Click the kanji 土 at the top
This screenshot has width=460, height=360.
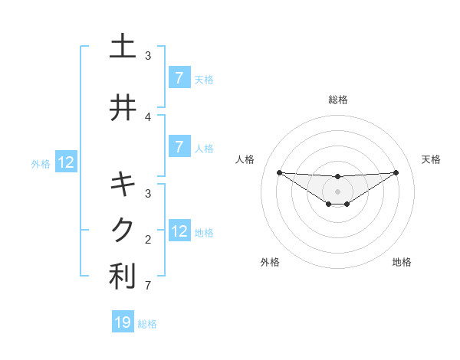pos(122,47)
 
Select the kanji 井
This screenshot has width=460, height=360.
pos(122,108)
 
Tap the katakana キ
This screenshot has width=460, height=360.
pos(122,185)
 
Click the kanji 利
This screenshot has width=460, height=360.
pos(122,277)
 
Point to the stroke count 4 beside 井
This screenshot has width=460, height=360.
pos(148,116)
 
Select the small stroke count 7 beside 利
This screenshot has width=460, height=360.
pos(148,286)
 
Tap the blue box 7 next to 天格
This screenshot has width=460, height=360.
pos(179,78)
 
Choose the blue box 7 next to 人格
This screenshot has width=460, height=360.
pos(179,147)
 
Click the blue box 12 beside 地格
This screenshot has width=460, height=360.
pos(179,231)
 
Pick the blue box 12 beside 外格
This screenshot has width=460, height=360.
pos(66,162)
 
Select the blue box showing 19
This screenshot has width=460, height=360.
pos(123,322)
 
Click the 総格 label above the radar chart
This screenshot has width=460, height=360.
pos(338,100)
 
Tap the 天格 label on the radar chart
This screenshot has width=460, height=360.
pos(432,159)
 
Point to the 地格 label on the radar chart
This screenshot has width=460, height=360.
pos(402,262)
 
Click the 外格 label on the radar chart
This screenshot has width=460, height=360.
pos(270,262)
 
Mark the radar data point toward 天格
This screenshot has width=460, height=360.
pos(396,172)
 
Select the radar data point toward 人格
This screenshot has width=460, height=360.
pos(279,172)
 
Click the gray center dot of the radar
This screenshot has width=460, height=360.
pos(338,191)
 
